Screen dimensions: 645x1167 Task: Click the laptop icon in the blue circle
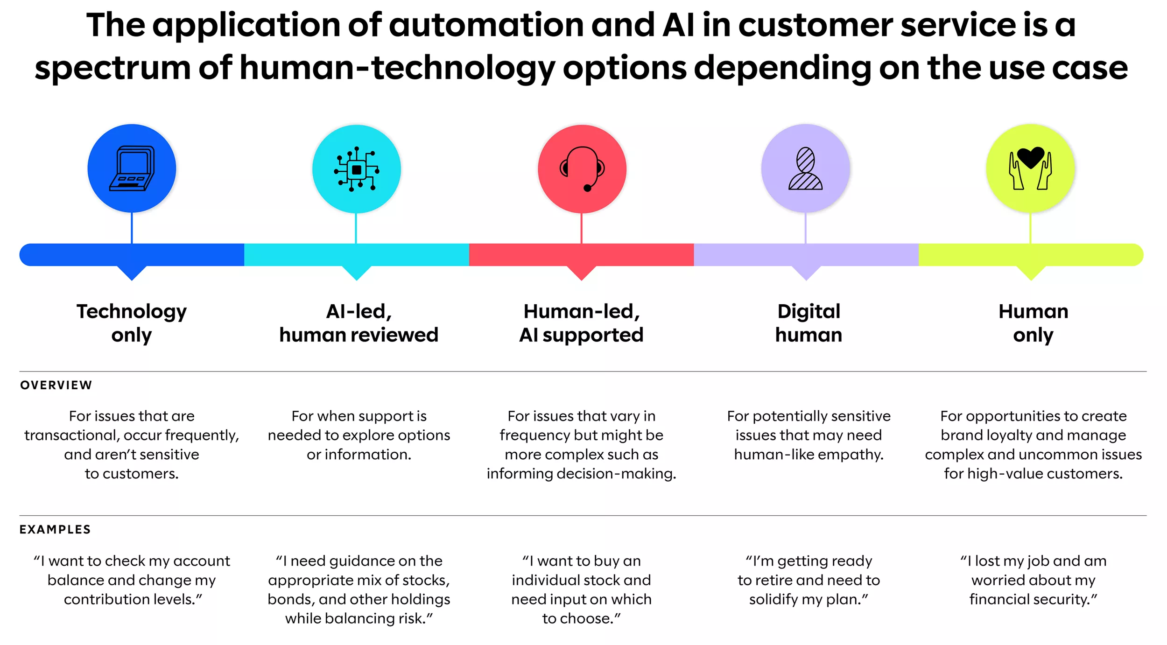[132, 168]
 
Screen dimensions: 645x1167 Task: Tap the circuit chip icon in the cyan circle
[357, 169]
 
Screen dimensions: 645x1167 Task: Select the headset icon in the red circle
[582, 168]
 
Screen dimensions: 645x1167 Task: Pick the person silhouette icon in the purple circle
[805, 168]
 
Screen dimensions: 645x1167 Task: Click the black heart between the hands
[1030, 157]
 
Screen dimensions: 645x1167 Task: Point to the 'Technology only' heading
[132, 323]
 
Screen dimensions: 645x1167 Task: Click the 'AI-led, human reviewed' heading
[359, 323]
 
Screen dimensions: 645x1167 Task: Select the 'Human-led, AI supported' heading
[581, 323]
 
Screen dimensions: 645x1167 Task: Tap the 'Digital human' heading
[808, 323]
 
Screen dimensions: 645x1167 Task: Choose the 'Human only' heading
[1033, 323]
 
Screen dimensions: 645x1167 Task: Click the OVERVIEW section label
[56, 385]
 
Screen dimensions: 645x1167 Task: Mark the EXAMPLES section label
[55, 529]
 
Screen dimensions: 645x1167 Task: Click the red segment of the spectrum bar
[581, 255]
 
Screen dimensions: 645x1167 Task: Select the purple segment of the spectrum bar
[806, 255]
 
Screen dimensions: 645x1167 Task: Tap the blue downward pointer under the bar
[132, 273]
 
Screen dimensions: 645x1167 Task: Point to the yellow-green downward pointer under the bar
[1031, 273]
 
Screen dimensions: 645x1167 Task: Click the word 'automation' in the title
[486, 25]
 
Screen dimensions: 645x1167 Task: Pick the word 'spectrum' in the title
[112, 68]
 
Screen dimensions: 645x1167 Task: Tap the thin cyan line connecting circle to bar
[356, 228]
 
